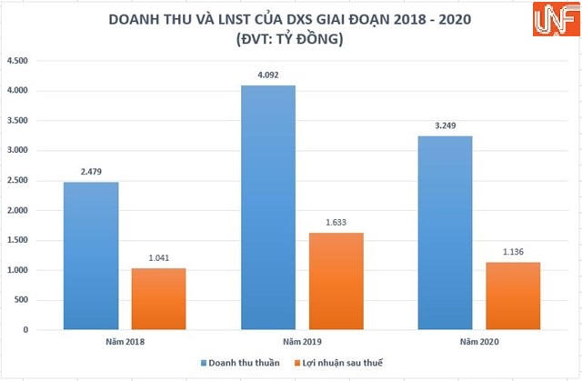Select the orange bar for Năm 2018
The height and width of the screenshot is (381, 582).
158,299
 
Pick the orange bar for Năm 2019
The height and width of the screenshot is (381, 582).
338,281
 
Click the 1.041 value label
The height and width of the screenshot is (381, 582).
158,259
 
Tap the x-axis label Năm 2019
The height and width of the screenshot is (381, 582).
302,342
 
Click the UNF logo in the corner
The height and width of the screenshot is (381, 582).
548,22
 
